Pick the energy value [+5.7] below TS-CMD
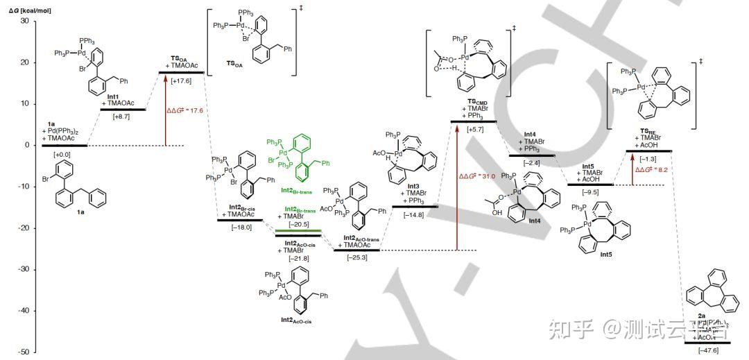(x=475, y=128)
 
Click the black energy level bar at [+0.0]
(x=65, y=146)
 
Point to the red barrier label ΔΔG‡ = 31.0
(x=477, y=176)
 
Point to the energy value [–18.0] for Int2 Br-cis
(x=240, y=227)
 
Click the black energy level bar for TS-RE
(x=648, y=151)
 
